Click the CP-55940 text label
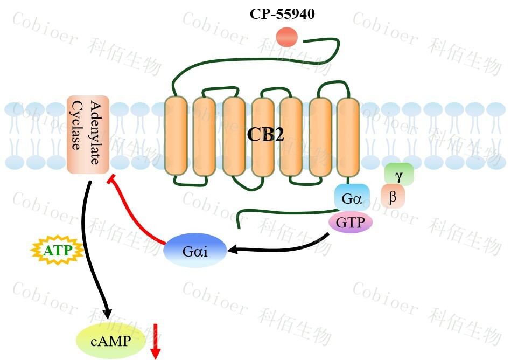(282, 15)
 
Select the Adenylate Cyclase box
(88, 135)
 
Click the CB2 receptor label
(265, 135)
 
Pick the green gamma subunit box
(399, 174)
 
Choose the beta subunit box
(393, 197)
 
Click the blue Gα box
(352, 198)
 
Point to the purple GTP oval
(351, 222)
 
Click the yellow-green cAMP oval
(111, 340)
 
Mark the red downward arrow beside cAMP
(156, 341)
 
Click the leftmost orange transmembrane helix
(175, 135)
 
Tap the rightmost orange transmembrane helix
(348, 135)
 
